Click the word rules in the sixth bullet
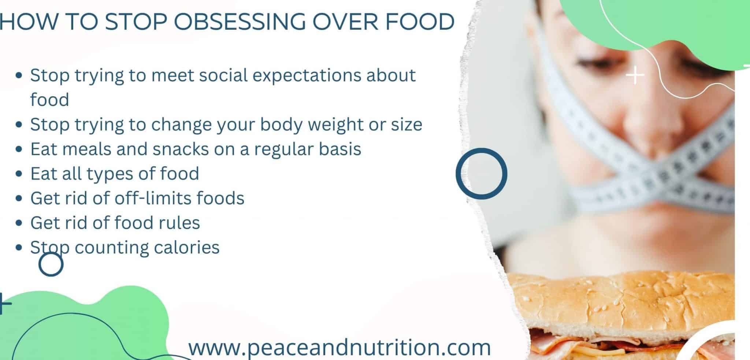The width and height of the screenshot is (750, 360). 179,223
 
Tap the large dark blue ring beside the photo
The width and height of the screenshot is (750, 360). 481,174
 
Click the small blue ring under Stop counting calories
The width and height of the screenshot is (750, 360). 51,264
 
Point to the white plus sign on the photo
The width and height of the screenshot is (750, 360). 635,76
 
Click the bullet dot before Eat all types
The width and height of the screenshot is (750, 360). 19,174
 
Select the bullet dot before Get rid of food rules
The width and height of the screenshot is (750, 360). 19,223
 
